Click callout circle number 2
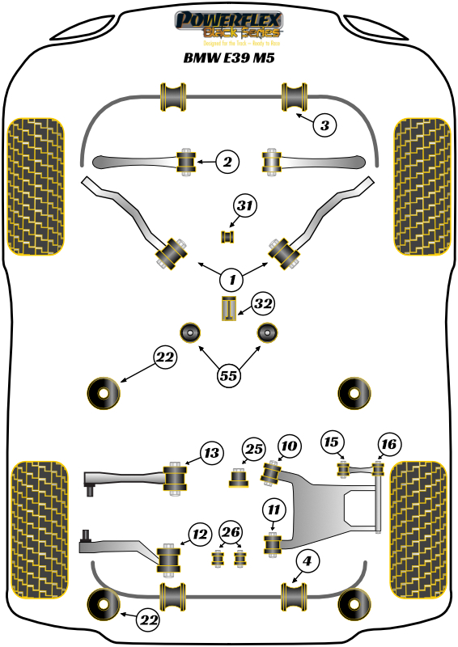coord(227,163)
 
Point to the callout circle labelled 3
coord(324,125)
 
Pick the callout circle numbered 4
coord(307,560)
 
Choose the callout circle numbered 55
coord(230,374)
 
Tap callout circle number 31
coord(244,207)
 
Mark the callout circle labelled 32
coord(262,304)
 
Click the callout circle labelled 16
coord(389,443)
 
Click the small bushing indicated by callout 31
coord(227,236)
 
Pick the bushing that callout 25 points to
coord(240,479)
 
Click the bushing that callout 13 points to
coord(175,476)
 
